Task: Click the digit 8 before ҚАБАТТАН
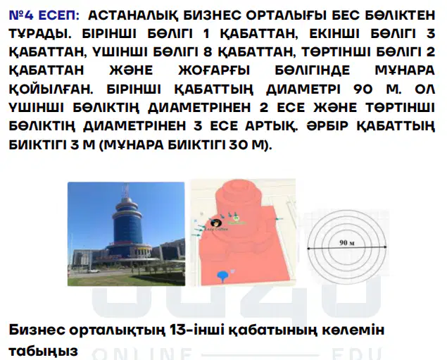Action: tap(208, 52)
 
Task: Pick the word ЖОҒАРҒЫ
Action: tap(214, 70)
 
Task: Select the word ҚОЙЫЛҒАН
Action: tap(51, 89)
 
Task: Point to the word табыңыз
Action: tap(44, 351)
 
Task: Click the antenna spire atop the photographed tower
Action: tap(126, 191)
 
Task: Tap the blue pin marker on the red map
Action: tap(222, 276)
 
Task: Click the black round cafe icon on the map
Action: tap(216, 223)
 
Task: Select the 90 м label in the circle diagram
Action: tap(347, 243)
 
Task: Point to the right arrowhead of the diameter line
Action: tap(385, 247)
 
